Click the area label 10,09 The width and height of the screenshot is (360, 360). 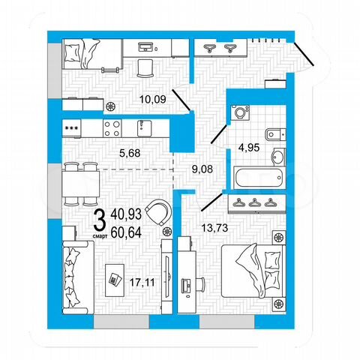tap(154, 98)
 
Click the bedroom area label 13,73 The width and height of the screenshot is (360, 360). tap(216, 225)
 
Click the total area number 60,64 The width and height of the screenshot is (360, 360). tap(125, 232)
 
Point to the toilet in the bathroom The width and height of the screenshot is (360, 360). tap(276, 136)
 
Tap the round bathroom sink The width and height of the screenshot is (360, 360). tap(277, 157)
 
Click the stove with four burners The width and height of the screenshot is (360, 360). tap(112, 127)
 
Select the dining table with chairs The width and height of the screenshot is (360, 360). tap(81, 180)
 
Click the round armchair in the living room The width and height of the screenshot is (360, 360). tap(159, 212)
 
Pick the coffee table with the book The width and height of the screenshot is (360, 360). tap(115, 277)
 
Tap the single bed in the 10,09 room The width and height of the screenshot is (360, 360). tap(85, 52)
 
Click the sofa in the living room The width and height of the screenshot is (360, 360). tap(76, 277)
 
